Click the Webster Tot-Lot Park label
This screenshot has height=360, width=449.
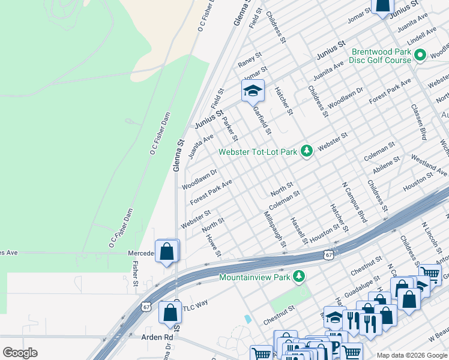(x=258, y=152)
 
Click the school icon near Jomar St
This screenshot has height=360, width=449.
(x=253, y=91)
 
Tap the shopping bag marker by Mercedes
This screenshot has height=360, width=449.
(x=167, y=251)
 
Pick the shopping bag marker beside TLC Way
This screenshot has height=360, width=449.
(x=170, y=312)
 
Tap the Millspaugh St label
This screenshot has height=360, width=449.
(x=274, y=229)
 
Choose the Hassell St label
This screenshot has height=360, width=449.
(x=298, y=231)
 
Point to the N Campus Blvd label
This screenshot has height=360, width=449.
(x=354, y=203)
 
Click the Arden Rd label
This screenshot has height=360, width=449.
(x=157, y=337)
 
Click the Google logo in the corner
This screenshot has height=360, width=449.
(x=20, y=352)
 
